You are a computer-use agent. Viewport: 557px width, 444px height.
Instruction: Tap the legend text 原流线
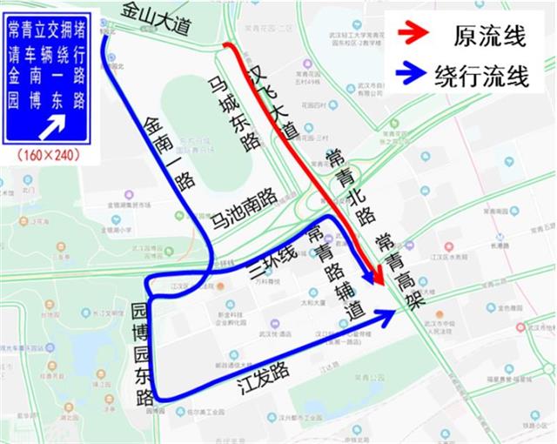pos(488,37)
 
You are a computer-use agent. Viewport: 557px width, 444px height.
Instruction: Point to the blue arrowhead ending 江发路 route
pos(386,315)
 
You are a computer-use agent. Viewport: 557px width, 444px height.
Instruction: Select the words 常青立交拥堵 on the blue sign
pos(47,31)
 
